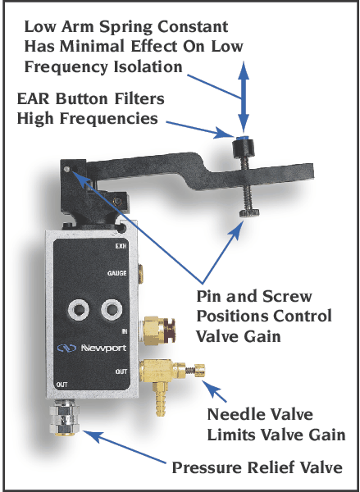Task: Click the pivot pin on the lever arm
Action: coord(68,170)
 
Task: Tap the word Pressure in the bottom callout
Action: coord(204,469)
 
